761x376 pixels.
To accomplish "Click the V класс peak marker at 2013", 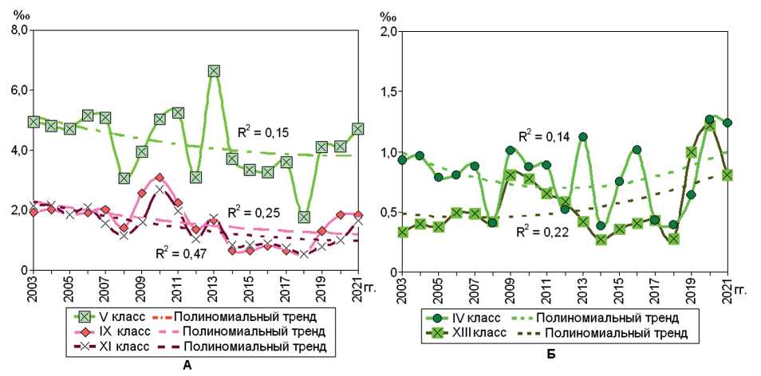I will [214, 71].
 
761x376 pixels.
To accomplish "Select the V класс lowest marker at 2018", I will [304, 217].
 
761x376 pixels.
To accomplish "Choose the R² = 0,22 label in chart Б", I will [540, 231].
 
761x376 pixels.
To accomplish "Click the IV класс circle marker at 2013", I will [582, 136].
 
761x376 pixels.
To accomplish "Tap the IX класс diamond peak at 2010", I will [160, 178].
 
